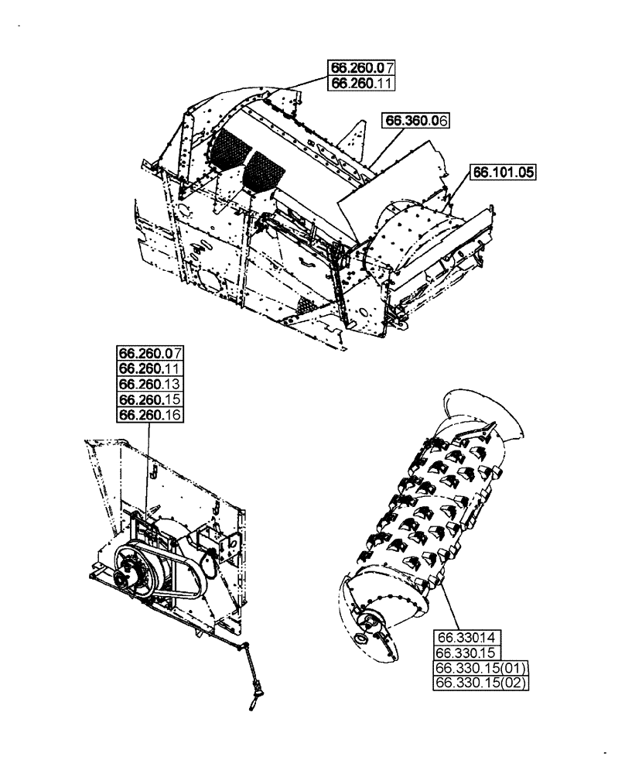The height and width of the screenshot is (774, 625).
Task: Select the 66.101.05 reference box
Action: point(504,173)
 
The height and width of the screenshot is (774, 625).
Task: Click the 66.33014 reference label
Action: point(470,638)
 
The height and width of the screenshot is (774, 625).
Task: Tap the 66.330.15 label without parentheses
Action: point(470,653)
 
